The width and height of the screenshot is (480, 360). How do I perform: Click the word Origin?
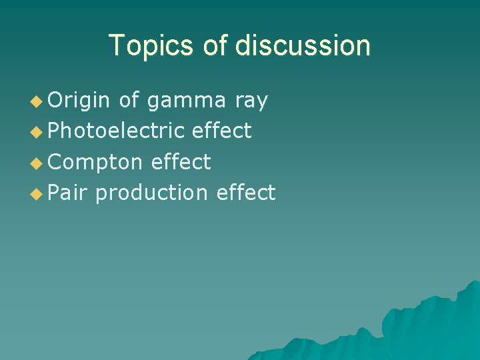tap(79, 101)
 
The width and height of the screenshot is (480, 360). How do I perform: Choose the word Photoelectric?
tap(116, 131)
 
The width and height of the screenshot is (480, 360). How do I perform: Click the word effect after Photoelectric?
tap(222, 131)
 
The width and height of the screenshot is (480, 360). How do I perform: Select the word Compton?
tap(95, 162)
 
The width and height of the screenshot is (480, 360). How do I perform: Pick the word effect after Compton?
tap(181, 162)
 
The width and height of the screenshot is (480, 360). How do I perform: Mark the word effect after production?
tap(245, 193)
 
